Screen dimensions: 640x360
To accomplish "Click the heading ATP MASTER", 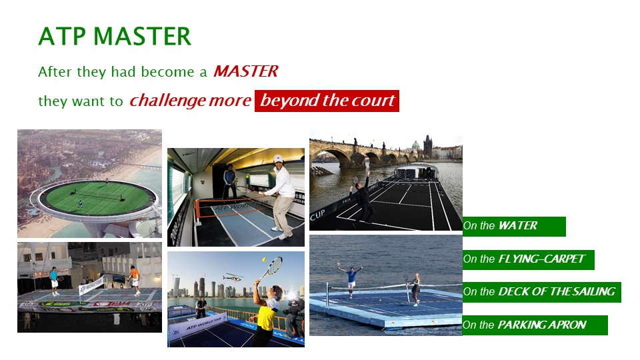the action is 115,36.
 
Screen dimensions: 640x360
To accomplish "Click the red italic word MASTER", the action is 246,71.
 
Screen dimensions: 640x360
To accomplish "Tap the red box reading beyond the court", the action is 327,101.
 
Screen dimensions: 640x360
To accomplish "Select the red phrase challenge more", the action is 190,101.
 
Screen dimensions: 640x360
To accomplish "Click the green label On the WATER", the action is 514,226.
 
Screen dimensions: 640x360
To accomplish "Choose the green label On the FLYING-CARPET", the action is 528,259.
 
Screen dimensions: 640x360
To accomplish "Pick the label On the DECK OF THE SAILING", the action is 541,292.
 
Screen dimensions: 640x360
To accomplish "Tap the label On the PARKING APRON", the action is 535,325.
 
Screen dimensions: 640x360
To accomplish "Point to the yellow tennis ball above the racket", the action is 264,259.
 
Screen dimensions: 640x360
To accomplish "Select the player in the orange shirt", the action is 135,279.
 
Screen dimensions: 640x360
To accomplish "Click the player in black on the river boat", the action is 363,201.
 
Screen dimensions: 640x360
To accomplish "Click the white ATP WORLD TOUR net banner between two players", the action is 91,285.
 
